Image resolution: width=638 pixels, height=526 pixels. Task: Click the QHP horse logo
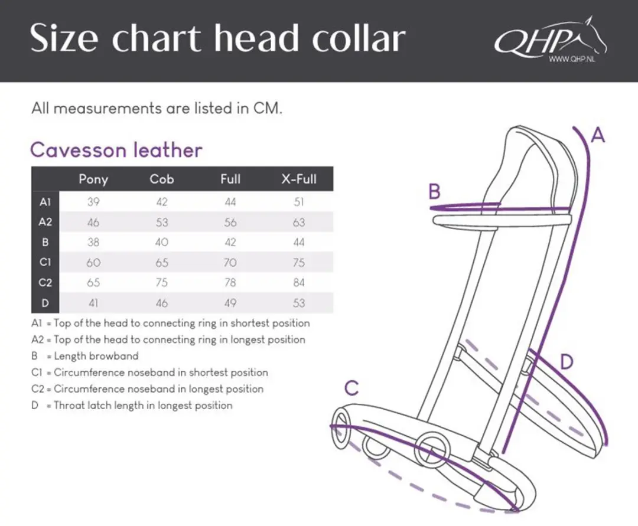point(550,39)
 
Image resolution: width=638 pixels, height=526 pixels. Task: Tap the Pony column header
point(93,179)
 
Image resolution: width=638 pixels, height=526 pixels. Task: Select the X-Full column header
point(299,179)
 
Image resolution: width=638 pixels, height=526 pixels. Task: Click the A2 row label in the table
point(45,222)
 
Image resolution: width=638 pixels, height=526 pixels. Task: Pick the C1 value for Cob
point(161,263)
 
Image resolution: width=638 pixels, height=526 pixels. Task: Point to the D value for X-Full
point(299,303)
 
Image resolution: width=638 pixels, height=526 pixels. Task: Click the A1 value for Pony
point(93,202)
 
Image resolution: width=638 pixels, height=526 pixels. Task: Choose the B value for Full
point(230,242)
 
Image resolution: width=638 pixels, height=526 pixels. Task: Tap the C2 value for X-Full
point(299,283)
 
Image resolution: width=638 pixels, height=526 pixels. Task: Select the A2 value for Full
point(230,223)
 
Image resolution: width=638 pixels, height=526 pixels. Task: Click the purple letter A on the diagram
point(598,135)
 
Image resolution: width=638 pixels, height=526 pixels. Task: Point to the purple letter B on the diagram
point(435,191)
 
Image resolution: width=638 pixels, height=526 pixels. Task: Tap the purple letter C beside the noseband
point(351,388)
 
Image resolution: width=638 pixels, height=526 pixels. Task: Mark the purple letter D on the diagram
point(567,361)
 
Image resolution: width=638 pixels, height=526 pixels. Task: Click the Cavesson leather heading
point(116,150)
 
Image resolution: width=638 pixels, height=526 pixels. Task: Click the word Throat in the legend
point(69,405)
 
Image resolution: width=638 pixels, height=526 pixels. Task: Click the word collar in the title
point(359,38)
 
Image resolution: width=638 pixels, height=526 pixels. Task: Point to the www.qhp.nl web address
point(572,60)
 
